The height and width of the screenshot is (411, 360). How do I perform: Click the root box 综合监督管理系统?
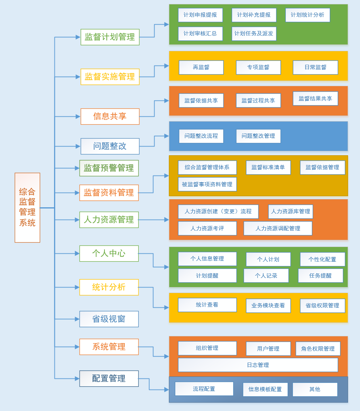[27, 207]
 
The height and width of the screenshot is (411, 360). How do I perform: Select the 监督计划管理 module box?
[110, 37]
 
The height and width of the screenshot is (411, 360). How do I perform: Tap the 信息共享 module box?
[110, 116]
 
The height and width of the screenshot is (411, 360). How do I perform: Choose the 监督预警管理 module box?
[109, 168]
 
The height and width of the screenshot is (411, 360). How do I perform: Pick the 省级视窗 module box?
[109, 319]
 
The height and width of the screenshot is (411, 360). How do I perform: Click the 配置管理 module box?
[109, 378]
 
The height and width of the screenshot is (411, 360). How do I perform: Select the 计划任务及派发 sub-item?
[254, 34]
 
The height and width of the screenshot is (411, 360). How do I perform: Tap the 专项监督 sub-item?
[258, 68]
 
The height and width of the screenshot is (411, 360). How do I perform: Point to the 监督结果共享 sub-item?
[315, 98]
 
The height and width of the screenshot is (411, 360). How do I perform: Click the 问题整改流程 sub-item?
[201, 136]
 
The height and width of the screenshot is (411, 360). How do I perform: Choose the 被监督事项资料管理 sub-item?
[207, 184]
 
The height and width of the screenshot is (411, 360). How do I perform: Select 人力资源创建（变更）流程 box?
[218, 212]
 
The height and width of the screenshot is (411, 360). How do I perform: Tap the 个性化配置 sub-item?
[322, 259]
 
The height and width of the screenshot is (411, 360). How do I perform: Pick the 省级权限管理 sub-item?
[322, 306]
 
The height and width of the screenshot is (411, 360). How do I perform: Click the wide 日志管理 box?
[258, 365]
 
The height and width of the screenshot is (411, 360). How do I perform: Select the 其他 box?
[315, 390]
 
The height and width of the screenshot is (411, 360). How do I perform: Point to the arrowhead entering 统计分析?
[77, 287]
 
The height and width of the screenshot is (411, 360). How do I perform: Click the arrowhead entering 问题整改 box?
[78, 146]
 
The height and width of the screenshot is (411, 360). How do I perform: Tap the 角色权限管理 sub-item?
[318, 349]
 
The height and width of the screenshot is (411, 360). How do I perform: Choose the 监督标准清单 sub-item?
[268, 168]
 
